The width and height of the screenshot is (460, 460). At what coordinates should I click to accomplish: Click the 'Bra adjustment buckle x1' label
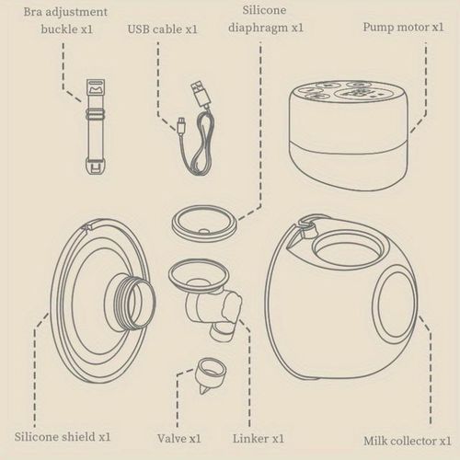65,20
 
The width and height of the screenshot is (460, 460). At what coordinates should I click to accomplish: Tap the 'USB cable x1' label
162,29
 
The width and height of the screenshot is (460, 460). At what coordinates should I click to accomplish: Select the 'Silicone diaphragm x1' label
266,18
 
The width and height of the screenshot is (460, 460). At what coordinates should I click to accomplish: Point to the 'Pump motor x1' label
403,27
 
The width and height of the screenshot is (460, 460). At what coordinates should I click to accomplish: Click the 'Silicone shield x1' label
63,437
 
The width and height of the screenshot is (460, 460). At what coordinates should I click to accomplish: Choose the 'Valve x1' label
179,438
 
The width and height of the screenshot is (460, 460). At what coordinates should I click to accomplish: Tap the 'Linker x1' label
259,438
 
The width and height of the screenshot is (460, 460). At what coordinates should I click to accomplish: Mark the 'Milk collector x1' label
408,441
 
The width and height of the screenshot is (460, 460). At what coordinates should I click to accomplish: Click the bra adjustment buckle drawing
96,127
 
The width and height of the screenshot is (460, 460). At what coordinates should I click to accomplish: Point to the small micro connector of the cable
181,125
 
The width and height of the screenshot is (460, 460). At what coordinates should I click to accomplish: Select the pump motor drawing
349,135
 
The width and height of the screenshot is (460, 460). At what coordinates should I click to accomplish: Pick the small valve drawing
211,374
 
